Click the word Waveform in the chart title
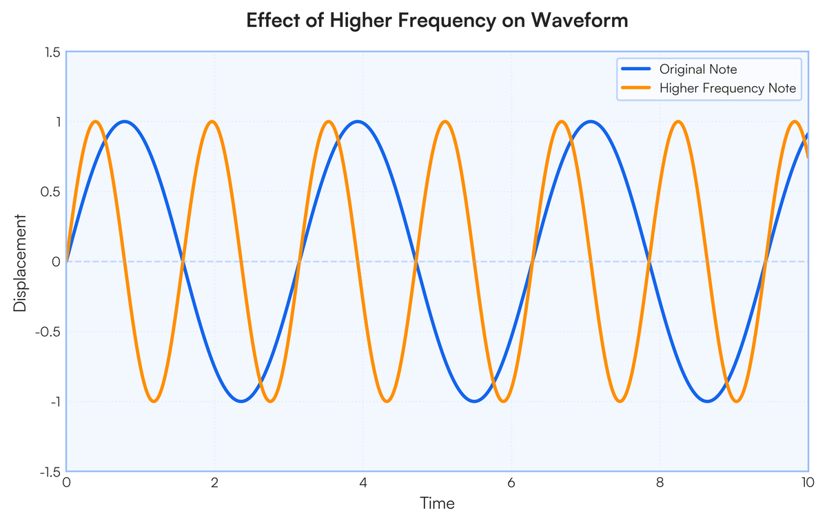(584, 21)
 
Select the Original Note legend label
(698, 70)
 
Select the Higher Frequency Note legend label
(728, 88)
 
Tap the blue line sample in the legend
(635, 70)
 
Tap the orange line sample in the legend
(635, 88)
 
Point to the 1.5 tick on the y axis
(52, 52)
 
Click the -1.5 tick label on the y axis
(50, 472)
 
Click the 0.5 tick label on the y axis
(52, 192)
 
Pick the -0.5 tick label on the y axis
(50, 332)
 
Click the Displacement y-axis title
(21, 262)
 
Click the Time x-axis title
(438, 503)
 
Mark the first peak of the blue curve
(125, 122)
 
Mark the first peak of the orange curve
(95, 122)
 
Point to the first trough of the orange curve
(154, 401)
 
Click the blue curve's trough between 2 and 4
(241, 401)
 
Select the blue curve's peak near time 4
(357, 122)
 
